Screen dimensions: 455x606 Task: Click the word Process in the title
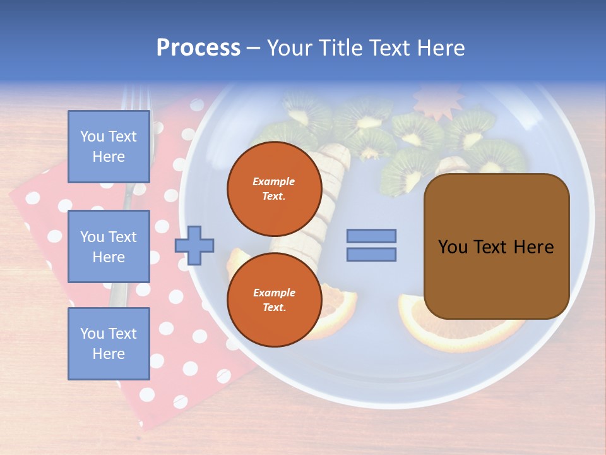198,48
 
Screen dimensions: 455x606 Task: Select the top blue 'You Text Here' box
109,147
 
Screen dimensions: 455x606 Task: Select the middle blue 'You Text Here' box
109,246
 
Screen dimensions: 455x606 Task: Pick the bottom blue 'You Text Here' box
109,343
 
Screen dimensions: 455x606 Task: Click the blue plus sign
194,245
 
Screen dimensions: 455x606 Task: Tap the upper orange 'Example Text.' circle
274,188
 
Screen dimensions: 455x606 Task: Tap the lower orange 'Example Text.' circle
274,300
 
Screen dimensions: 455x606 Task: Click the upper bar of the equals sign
372,236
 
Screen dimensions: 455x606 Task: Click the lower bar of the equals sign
372,254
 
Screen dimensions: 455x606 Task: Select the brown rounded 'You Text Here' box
496,246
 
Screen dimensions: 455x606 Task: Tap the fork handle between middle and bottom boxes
119,294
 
